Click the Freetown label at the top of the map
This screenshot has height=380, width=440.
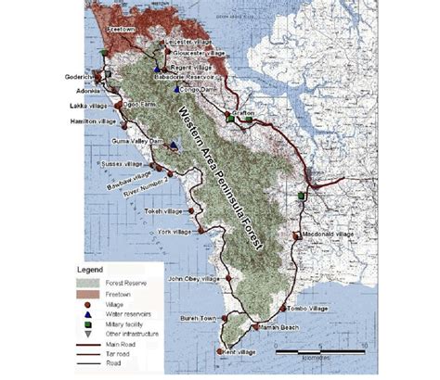pyautogui.click(x=123, y=29)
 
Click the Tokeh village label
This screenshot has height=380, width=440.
pyautogui.click(x=163, y=211)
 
